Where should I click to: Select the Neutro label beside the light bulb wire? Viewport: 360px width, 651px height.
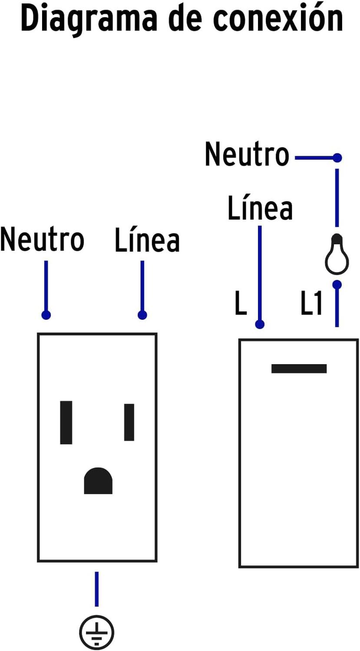[247, 155]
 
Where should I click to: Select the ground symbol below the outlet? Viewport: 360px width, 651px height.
[96, 632]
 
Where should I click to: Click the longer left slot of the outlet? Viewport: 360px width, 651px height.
[66, 422]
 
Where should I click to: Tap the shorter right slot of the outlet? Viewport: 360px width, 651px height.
[129, 422]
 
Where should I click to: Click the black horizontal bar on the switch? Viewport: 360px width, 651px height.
[299, 368]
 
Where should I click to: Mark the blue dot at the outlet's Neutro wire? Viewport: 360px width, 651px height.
[46, 315]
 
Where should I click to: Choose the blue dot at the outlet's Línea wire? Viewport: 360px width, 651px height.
[142, 315]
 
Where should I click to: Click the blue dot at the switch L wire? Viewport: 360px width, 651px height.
[260, 324]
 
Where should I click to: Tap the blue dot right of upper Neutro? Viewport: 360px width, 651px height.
[337, 158]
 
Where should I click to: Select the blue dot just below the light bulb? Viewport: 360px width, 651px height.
[337, 285]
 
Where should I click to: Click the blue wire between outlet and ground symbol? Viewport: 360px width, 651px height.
[96, 589]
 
